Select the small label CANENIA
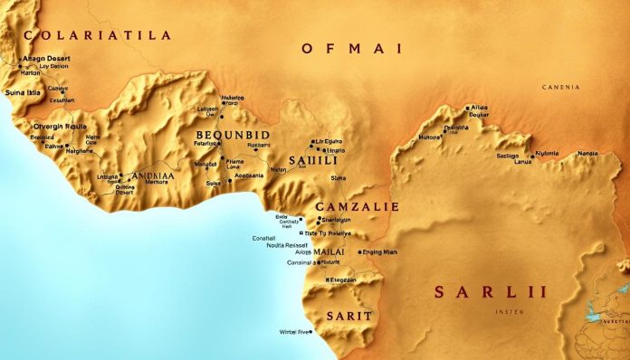[560, 87]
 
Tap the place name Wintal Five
[291, 332]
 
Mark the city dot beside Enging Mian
[360, 252]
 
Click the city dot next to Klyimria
[534, 154]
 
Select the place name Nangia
[588, 154]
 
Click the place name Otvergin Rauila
[59, 127]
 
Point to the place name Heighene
[56, 153]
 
